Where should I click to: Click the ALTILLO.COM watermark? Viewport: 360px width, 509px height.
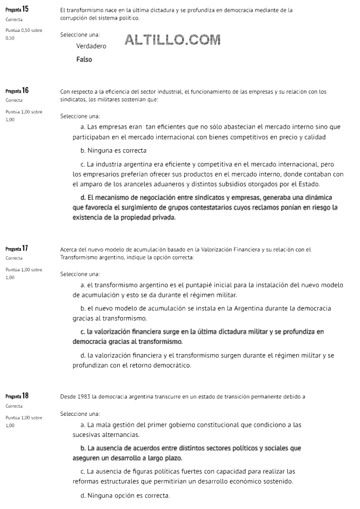point(172,40)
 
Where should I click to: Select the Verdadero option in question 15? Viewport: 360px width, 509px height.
point(91,46)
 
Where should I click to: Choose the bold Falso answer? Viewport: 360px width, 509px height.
point(84,60)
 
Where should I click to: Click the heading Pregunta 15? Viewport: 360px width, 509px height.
point(17,9)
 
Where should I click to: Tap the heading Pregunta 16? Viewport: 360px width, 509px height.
point(17,91)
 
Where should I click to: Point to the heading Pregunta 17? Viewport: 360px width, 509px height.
point(17,248)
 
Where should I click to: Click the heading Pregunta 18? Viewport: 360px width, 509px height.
point(17,396)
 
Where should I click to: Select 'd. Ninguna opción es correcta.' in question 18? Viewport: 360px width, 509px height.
point(125,496)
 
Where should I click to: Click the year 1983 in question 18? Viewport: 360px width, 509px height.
point(82,397)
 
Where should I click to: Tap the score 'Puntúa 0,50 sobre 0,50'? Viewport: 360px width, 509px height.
point(24,34)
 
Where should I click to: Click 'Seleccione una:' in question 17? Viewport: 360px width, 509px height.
point(80,274)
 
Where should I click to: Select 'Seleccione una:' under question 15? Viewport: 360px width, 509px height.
point(80,34)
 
